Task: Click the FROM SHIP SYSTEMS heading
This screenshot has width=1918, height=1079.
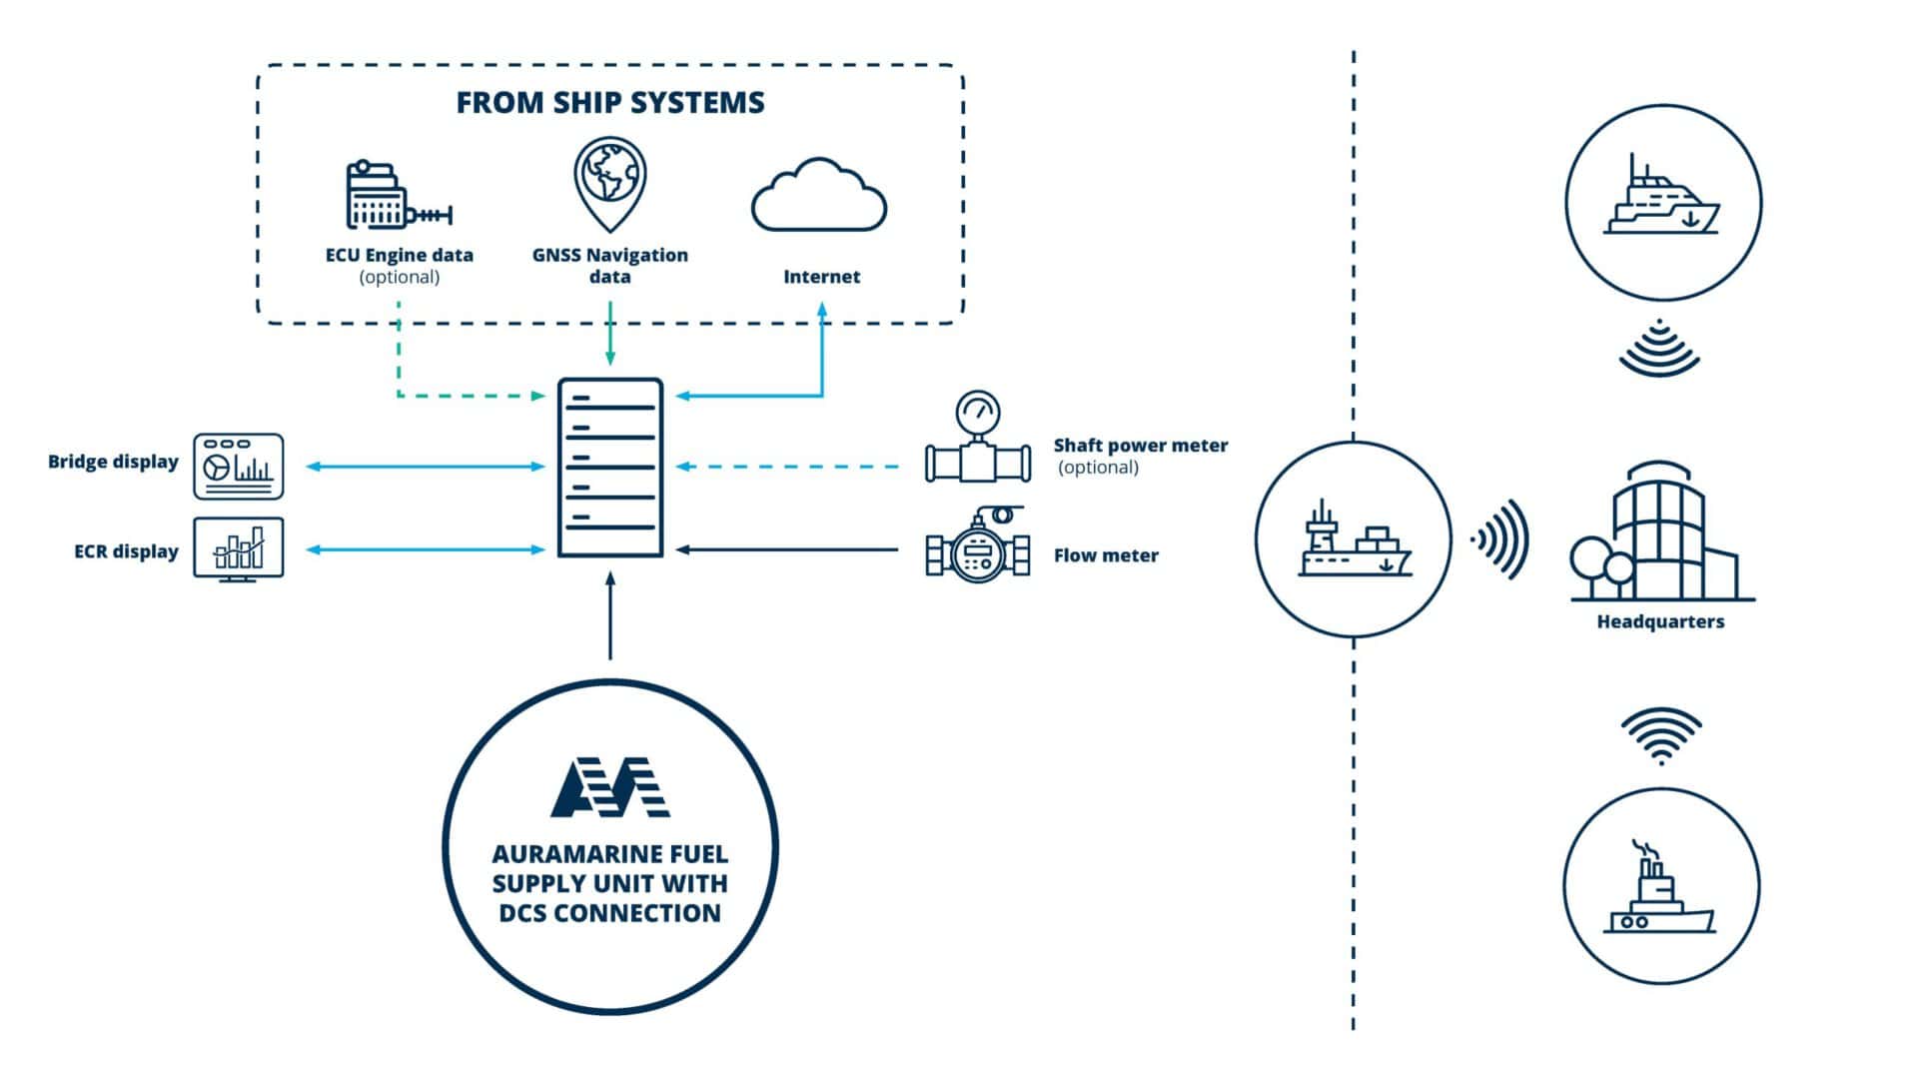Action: point(610,103)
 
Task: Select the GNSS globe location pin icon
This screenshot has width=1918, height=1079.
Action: point(609,185)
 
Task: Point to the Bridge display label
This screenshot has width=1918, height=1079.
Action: point(113,462)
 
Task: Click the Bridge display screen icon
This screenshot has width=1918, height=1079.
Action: point(238,467)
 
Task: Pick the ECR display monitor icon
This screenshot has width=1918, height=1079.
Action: point(238,549)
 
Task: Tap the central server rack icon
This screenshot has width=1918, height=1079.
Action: point(610,468)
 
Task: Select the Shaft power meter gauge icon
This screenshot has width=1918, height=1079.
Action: point(977,438)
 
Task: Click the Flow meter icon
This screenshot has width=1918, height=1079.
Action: point(977,545)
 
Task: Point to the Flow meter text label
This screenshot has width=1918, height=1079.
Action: point(1106,555)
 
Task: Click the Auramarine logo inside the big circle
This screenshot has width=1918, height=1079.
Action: point(610,787)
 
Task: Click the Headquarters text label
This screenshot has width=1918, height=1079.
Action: point(1660,621)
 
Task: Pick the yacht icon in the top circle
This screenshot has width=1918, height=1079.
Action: point(1662,200)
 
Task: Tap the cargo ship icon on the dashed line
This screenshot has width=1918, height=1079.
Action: point(1354,540)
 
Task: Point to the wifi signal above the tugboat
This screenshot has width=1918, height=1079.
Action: point(1660,735)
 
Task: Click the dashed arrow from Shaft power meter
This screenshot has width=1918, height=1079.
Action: point(789,467)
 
